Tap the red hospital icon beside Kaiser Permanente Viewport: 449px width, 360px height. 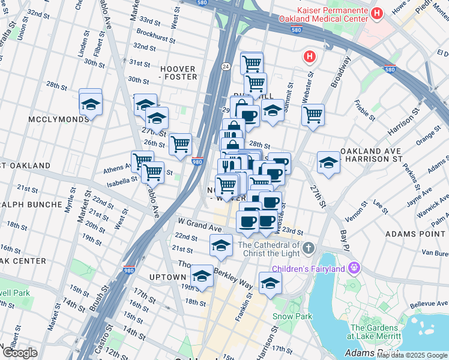coord(377,13)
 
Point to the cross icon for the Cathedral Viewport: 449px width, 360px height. coord(308,248)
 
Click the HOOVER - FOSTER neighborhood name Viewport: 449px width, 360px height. coord(177,73)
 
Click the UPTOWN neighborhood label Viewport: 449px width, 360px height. coord(168,277)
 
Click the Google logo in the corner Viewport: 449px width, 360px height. coord(19,353)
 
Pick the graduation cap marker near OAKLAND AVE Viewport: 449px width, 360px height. coord(328,163)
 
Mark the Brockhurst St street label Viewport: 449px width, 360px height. coord(155,34)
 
